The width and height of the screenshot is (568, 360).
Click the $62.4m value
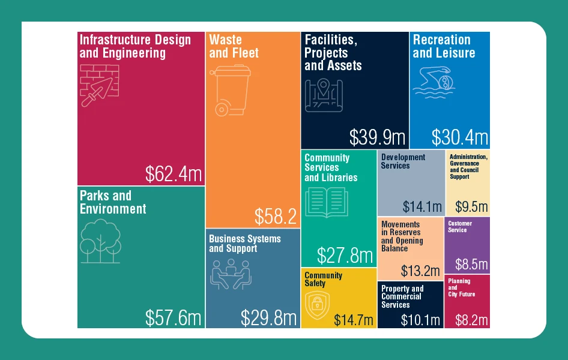174,174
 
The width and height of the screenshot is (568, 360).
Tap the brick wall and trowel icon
99,86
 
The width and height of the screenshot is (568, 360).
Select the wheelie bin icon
231,91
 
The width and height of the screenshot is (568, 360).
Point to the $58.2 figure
276,217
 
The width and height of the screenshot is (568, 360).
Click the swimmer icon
434,82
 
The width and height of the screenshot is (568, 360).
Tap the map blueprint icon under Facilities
324,95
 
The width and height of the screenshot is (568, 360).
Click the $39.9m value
377,137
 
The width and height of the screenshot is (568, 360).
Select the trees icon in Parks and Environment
100,241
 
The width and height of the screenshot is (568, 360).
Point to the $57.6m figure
173,318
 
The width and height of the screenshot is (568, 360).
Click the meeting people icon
231,274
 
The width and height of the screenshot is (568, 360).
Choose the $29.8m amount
268,318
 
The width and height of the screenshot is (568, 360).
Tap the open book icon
327,202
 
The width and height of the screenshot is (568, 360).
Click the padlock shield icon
318,305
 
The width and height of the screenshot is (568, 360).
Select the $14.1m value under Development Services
422,207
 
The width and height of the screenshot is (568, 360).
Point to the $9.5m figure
471,207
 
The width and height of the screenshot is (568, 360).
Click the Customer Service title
460,226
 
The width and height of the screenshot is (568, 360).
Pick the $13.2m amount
420,271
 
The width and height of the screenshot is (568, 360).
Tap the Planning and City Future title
461,287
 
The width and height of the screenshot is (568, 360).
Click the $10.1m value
420,320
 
